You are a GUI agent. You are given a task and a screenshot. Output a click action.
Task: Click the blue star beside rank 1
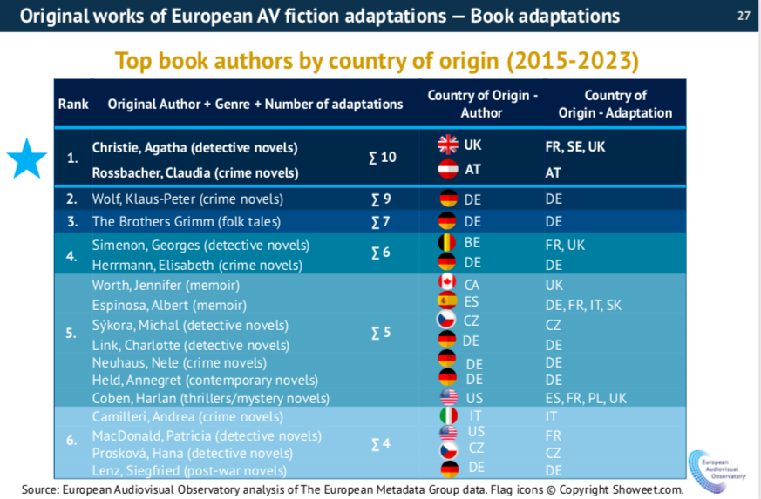coord(27,158)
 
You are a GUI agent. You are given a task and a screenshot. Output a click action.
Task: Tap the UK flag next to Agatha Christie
coord(448,145)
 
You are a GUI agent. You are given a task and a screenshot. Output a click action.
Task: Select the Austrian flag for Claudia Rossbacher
coord(448,169)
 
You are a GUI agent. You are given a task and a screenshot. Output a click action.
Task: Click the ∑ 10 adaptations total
coord(382,158)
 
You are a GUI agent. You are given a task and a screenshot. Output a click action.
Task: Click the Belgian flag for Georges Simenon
coord(449,243)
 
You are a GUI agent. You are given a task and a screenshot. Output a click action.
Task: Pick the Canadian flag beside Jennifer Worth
coord(449,283)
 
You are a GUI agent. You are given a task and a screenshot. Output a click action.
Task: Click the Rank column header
coord(73,104)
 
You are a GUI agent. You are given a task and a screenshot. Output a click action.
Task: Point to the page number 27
coord(744,16)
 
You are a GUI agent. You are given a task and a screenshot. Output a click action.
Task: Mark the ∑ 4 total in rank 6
coord(381,444)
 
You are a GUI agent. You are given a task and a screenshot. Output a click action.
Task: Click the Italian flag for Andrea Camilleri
coord(449,417)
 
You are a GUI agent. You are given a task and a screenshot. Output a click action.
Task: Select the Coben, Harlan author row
coord(210,398)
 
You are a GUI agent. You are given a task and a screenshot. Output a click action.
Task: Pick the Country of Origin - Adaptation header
coord(615,104)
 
